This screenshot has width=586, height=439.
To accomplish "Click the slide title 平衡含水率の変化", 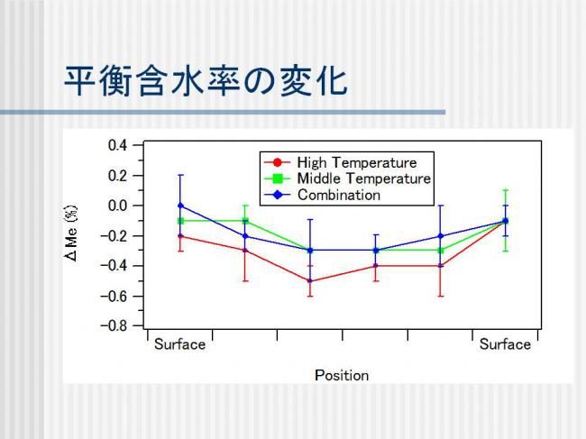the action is pos(206,81).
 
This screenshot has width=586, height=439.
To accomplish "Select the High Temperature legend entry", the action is pos(341,162).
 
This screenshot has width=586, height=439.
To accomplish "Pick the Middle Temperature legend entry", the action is pos(348,178).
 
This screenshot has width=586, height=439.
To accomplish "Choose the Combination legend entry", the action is pos(322,195).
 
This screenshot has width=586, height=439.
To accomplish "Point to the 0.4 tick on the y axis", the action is pos(118,145).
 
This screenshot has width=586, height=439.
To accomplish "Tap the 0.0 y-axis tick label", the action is pos(118,206).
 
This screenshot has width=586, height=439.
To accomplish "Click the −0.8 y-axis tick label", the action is pos(114,325).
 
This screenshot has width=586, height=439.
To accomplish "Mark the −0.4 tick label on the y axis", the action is pos(114,266).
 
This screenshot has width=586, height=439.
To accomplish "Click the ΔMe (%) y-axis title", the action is pos(71,233).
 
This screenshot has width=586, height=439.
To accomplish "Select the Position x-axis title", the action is pos(342,375).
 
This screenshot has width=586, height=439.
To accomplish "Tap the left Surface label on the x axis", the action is pos(179,344).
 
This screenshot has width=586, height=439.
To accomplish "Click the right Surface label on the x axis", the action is pos(505,344).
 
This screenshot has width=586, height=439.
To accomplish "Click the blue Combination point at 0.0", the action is pos(180,206).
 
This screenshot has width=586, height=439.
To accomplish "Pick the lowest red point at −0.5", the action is pos(310,281).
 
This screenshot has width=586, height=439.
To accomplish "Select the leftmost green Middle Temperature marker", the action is pos(180,221).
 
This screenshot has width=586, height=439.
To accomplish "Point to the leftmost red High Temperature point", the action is pos(180,236).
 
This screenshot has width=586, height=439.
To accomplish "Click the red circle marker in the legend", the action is pos(278,162).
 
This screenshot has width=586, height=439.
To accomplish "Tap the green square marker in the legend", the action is pos(278,178).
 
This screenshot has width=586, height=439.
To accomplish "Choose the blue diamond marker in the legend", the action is pos(278,195).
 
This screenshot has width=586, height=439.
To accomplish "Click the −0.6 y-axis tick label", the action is pos(114,296).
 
